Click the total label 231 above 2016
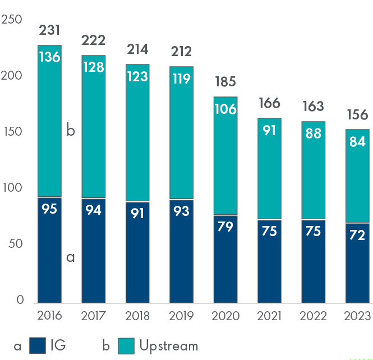tap(49, 30)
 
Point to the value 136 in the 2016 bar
tap(49, 57)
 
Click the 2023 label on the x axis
tap(357, 316)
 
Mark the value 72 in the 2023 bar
tap(357, 236)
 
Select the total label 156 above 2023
tap(357, 115)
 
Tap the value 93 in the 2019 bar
tap(181, 213)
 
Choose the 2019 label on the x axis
tap(181, 316)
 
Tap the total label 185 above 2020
tap(225, 82)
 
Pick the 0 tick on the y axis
tap(20, 300)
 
